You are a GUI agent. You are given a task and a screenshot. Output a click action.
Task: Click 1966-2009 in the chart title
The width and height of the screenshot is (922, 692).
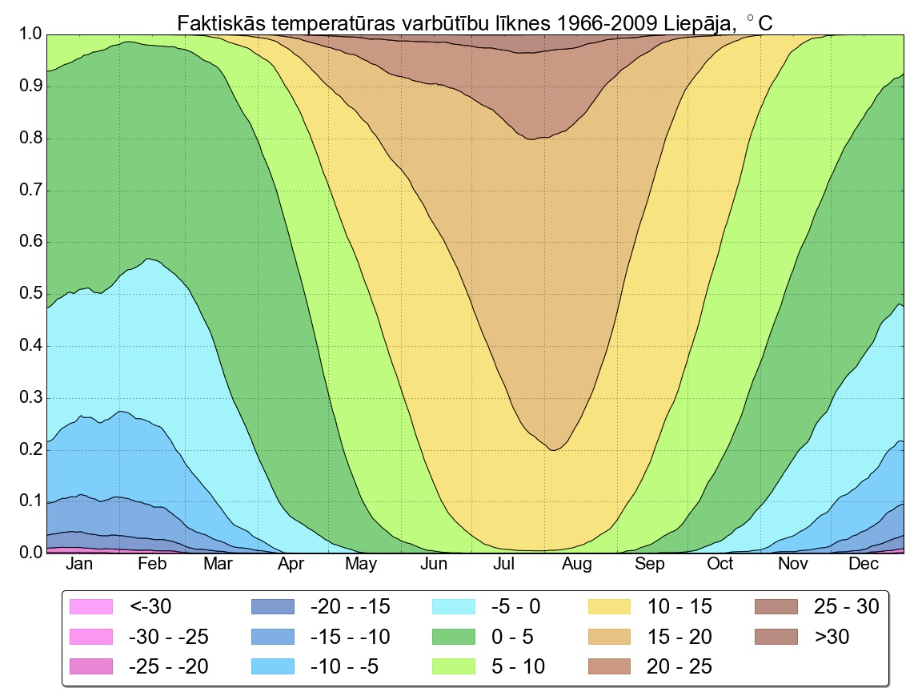[x=606, y=23]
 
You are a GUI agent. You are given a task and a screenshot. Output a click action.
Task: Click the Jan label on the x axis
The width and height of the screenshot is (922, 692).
[x=80, y=565]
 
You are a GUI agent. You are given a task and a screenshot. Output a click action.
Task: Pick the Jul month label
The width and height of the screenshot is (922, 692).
[x=504, y=565]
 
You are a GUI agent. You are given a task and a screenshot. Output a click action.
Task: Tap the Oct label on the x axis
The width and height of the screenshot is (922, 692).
[x=720, y=565]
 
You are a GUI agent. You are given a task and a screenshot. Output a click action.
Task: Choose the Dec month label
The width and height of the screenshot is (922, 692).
[x=864, y=565]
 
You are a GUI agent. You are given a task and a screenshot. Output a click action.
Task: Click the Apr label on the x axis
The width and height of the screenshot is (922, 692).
[x=291, y=565]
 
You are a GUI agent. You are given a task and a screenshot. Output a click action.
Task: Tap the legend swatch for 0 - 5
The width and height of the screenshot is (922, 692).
[x=453, y=637]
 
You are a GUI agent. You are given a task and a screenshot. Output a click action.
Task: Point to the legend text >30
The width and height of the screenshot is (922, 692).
[x=832, y=637]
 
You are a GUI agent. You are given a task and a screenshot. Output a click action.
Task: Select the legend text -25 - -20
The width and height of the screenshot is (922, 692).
[x=168, y=666]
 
